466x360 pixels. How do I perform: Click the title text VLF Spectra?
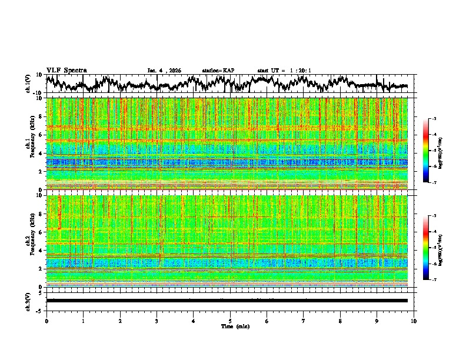[66, 71]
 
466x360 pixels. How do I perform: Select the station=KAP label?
[218, 71]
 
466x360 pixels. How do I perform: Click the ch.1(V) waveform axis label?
[28, 84]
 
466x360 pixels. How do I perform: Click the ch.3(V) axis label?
[28, 301]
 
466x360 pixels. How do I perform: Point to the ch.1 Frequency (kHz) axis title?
[28, 144]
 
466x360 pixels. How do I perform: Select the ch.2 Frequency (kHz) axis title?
[28, 241]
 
